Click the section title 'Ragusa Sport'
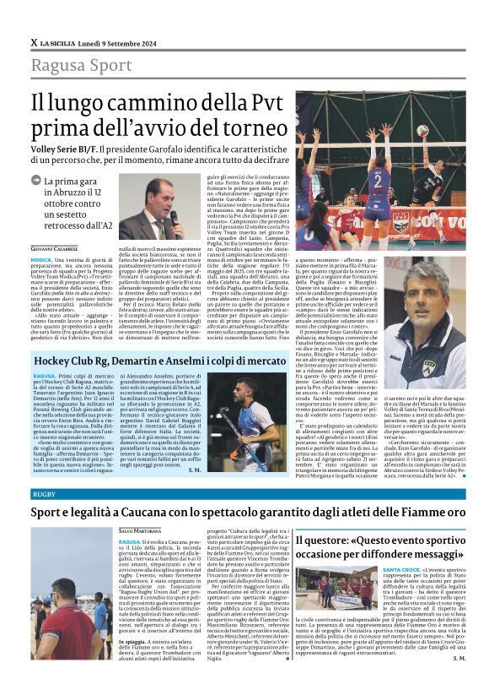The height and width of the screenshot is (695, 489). [x=80, y=65]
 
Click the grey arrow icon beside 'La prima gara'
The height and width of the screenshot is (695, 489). [x=36, y=180]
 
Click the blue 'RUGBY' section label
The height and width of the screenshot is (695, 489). [x=44, y=492]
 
